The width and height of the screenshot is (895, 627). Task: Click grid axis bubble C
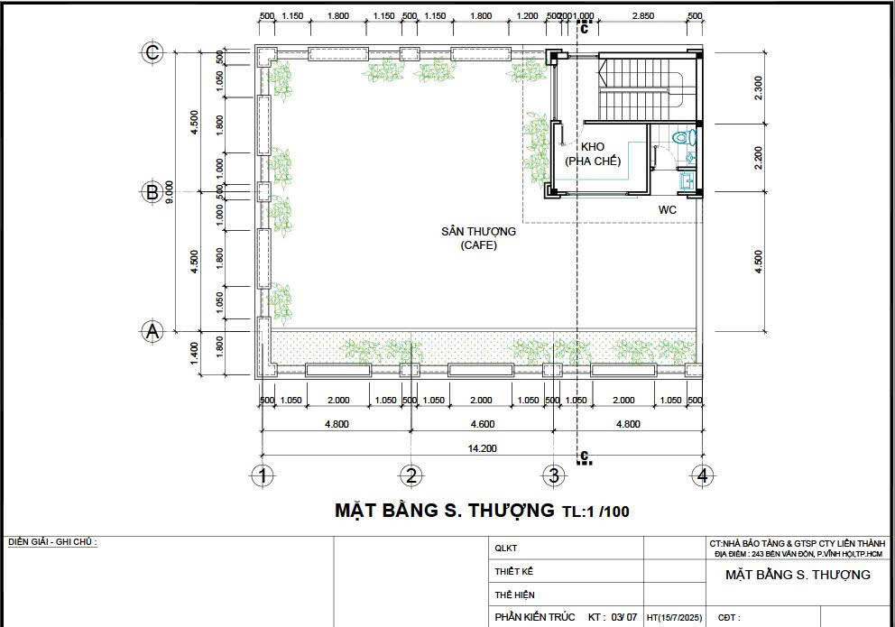[x=152, y=52]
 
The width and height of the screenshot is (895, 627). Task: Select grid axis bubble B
[x=152, y=191]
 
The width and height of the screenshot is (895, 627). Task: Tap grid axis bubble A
[x=152, y=330]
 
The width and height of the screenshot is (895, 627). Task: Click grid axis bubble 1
[x=262, y=475]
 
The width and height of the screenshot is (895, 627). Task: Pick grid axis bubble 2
[x=411, y=475]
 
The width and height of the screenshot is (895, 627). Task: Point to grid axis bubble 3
[x=553, y=475]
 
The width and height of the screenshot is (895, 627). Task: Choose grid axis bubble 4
[x=702, y=475]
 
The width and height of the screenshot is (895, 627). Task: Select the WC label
[x=668, y=209]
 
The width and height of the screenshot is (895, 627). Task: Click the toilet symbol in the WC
[x=687, y=138]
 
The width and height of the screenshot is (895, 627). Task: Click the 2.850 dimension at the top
[x=642, y=16]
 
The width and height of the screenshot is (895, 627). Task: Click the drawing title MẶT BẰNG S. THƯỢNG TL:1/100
[x=482, y=511]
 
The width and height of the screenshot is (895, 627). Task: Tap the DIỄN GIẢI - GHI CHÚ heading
[x=52, y=542]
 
